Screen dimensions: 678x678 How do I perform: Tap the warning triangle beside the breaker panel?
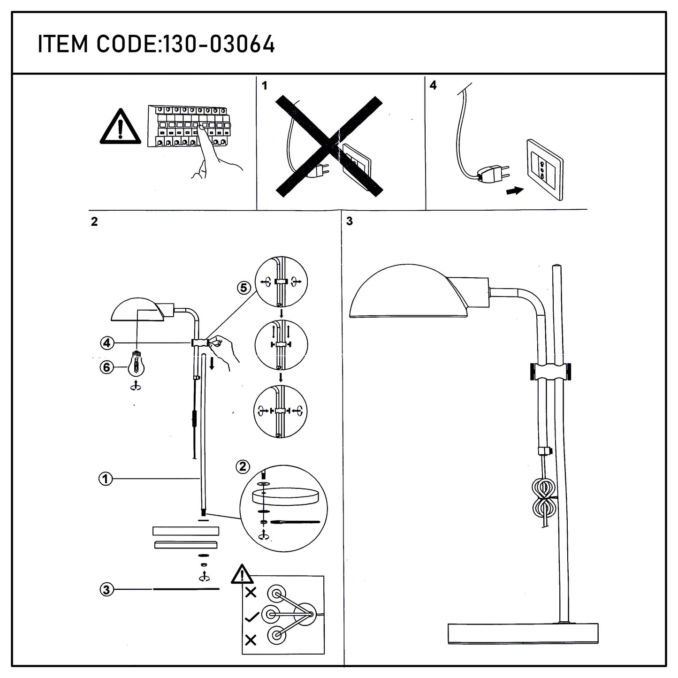click(x=120, y=127)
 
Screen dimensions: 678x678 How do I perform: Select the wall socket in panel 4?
click(x=544, y=169)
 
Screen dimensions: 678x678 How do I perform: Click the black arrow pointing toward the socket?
click(x=515, y=190)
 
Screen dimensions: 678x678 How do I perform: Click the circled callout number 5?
click(x=244, y=288)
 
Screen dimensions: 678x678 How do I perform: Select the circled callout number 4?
click(x=107, y=343)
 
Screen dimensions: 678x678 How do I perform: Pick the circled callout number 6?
click(x=107, y=367)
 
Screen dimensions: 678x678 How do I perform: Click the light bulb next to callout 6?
click(x=136, y=364)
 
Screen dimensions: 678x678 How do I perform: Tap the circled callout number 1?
click(x=105, y=479)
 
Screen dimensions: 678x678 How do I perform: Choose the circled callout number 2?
click(x=243, y=466)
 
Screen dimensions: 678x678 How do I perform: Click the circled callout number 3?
click(x=107, y=589)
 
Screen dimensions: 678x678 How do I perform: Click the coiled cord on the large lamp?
click(x=544, y=498)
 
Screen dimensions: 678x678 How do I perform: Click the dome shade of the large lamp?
click(x=409, y=291)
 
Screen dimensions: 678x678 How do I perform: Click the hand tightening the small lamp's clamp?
click(x=223, y=350)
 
